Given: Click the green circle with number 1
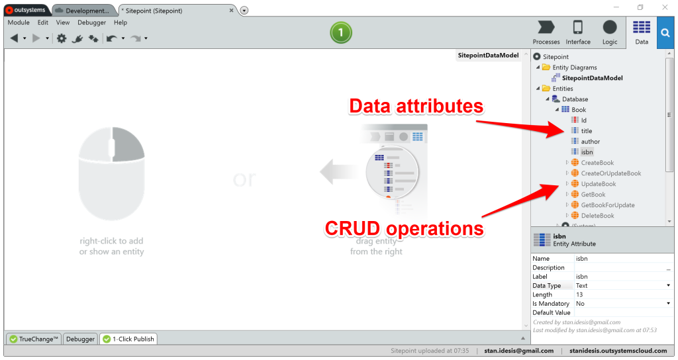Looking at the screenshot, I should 341,32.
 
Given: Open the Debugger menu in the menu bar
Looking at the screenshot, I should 91,22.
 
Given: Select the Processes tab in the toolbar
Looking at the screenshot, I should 546,32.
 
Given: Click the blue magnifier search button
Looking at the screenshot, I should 665,32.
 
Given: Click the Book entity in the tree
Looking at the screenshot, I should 579,110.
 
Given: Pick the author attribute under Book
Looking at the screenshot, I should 590,142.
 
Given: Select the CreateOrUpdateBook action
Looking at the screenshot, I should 610,173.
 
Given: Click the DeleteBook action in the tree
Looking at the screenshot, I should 597,216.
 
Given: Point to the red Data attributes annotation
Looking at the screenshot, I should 416,106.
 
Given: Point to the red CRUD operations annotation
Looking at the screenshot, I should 404,229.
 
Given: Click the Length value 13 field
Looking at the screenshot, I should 621,294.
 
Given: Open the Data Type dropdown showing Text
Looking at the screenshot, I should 622,286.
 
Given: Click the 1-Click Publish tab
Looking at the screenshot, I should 128,339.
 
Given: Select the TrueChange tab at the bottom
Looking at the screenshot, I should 34,339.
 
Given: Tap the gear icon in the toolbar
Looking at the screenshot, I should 62,38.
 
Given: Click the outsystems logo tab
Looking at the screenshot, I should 25,11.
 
